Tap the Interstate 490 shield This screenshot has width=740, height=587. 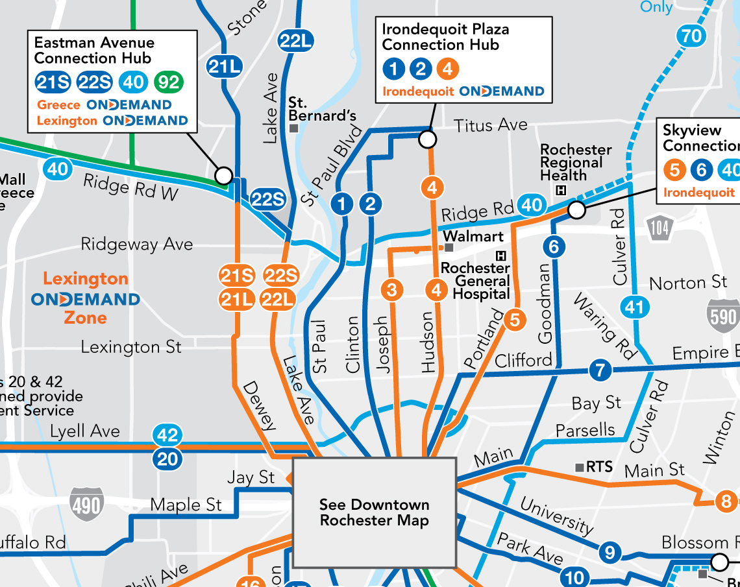pos(86,504)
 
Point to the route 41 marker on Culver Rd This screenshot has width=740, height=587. pos(634,306)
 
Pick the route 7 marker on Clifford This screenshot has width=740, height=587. pos(600,371)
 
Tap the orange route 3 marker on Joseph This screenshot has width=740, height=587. pos(391,289)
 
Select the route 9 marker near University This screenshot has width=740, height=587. pos(610,553)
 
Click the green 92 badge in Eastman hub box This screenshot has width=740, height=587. pos(169,82)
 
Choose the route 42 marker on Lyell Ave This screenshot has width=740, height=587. pos(167,435)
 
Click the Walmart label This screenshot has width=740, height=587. pos(473,236)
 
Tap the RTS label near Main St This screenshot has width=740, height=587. pos(598,467)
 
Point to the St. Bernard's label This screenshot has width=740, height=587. pos(323,110)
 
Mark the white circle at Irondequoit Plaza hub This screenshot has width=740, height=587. pos(427,139)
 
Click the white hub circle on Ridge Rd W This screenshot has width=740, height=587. pos(223,175)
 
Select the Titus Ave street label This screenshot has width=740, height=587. pos(490,125)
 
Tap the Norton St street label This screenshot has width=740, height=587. pos(688,283)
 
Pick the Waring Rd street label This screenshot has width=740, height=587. pos(604,327)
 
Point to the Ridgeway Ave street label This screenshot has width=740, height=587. pos(136,245)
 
